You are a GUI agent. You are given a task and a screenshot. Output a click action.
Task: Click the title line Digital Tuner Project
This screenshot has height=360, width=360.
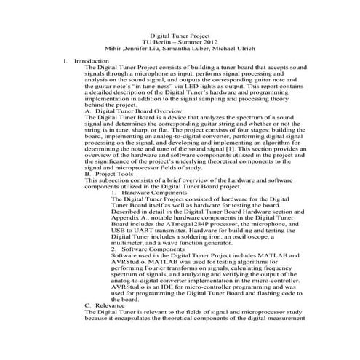point(180,35)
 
